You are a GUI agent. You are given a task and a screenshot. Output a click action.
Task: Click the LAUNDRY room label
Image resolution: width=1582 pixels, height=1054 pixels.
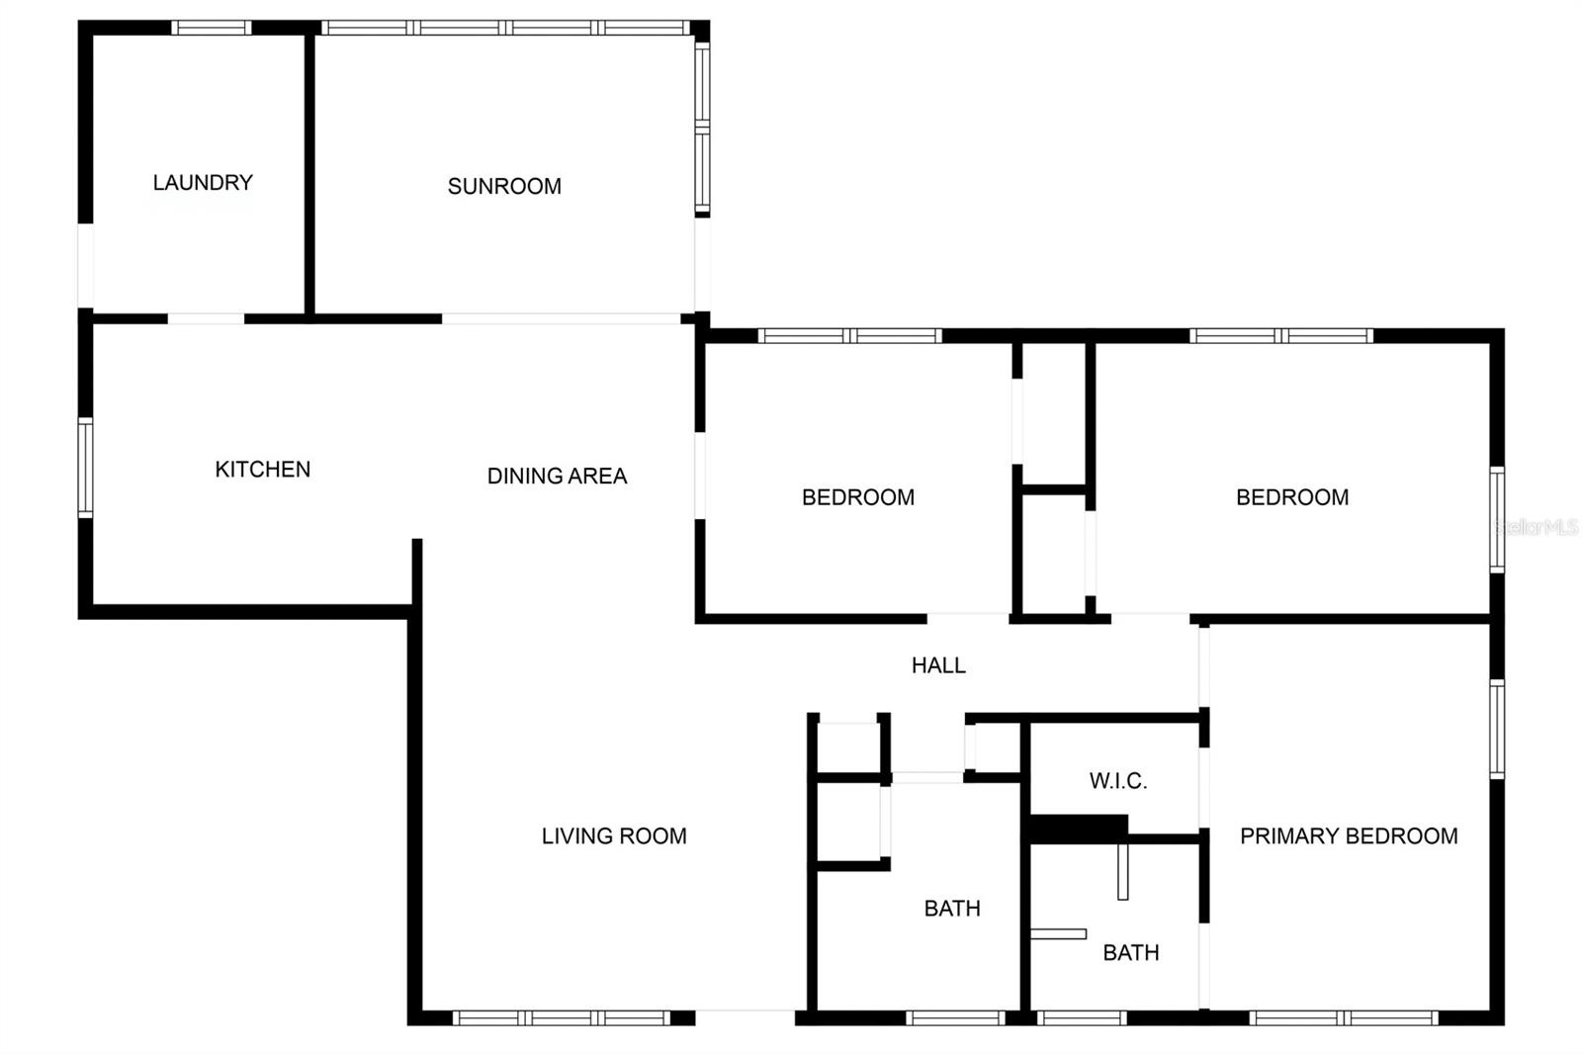(x=203, y=183)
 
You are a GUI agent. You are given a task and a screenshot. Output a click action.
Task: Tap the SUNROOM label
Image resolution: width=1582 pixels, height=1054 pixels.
(x=504, y=187)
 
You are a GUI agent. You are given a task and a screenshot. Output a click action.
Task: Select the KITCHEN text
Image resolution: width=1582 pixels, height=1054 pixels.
(x=263, y=470)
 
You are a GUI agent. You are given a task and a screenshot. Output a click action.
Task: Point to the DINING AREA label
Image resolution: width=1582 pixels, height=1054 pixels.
(x=558, y=477)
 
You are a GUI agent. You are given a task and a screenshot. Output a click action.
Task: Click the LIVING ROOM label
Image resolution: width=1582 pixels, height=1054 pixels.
(x=614, y=836)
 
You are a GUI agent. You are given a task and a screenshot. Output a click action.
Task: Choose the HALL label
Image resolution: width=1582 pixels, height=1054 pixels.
(x=938, y=665)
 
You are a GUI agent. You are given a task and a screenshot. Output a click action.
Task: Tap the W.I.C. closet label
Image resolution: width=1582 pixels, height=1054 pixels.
(x=1118, y=780)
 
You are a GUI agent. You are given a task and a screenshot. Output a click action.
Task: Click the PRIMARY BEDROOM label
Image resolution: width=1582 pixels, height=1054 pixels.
(x=1349, y=836)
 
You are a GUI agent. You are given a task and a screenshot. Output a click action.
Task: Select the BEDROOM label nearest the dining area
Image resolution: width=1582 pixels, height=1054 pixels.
(x=858, y=497)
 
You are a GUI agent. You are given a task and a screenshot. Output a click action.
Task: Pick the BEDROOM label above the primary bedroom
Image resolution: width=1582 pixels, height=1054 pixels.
(x=1292, y=497)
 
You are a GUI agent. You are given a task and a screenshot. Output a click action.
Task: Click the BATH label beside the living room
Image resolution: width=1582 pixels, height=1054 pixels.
(x=952, y=909)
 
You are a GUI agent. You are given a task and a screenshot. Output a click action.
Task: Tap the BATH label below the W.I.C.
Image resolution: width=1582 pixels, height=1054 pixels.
(x=1131, y=953)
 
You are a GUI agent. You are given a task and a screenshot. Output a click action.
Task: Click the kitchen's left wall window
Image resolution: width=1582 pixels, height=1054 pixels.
(x=85, y=468)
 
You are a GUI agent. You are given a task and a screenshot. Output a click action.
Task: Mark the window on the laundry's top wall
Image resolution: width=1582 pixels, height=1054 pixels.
(x=212, y=28)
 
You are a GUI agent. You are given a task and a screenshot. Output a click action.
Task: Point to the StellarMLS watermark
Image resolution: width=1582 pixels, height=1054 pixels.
(x=1537, y=527)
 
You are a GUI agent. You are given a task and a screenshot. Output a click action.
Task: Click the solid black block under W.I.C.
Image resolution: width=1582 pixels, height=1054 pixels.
(x=1079, y=829)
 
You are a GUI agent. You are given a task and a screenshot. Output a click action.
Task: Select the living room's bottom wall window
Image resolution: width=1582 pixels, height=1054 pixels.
(x=562, y=1018)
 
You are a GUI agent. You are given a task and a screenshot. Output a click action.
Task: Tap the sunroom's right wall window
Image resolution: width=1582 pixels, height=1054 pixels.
(x=702, y=128)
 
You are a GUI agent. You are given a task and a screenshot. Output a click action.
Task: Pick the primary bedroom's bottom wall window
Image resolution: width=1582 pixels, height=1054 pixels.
(x=1344, y=1018)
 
